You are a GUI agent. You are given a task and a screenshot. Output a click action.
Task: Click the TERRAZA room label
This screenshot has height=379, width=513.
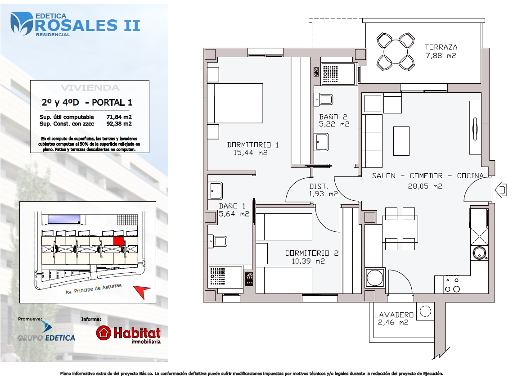[441, 47]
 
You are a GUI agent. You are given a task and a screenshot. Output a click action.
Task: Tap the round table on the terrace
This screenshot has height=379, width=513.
[396, 52]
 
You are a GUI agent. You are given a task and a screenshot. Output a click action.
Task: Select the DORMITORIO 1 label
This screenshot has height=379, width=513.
[252, 144]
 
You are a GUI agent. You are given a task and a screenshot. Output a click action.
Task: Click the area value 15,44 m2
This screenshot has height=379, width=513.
[250, 153]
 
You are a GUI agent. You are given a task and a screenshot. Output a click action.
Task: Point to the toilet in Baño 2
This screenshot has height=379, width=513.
[324, 99]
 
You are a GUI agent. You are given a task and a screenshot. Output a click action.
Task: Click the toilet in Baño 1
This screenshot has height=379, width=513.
[217, 242]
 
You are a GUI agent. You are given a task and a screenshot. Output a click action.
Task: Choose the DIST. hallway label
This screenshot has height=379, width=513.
[318, 186]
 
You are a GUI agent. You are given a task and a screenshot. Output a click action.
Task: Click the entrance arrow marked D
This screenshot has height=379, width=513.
[500, 190]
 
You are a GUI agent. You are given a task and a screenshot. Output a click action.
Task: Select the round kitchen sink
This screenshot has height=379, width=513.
[479, 253]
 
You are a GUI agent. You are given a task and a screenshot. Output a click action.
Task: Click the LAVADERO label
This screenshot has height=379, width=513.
[394, 315]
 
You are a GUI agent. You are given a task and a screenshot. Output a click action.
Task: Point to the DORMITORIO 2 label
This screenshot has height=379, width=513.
[312, 253]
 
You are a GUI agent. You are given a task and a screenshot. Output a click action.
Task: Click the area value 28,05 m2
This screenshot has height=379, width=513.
[425, 186]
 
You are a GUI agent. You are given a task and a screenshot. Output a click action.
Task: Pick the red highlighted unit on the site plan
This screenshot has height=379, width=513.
[118, 241]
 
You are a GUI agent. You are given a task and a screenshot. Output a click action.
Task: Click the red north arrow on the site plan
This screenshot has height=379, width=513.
[141, 291]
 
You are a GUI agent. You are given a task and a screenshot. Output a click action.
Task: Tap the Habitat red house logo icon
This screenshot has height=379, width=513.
[103, 333]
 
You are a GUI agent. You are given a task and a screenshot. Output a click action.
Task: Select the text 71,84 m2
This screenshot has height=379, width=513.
[119, 117]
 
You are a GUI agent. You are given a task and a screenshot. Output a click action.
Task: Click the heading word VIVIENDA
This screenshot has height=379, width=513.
[90, 88]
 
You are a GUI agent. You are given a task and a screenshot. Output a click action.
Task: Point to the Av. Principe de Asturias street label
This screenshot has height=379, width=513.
[94, 289]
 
